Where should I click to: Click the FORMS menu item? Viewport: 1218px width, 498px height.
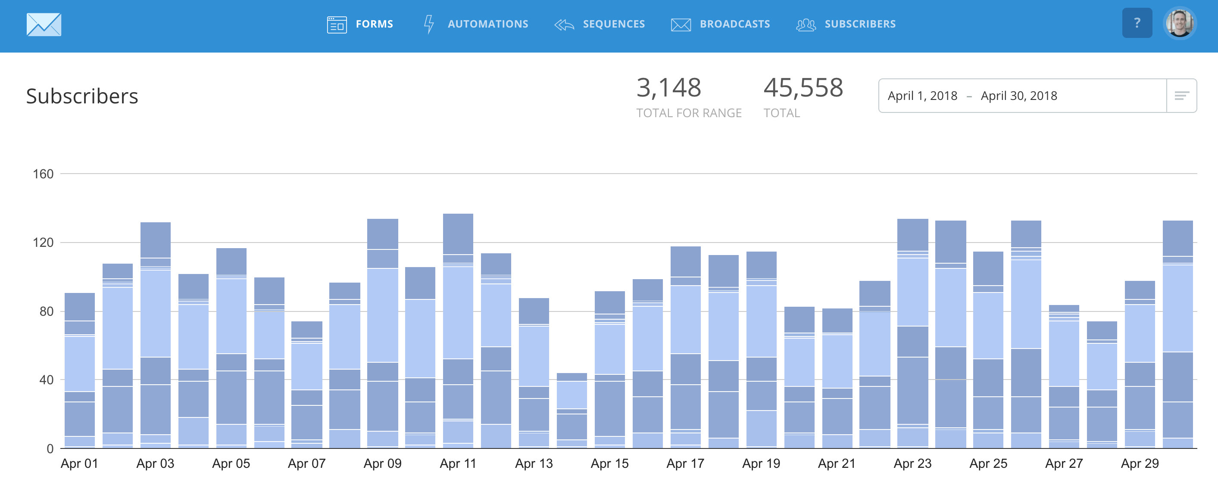pyautogui.click(x=360, y=24)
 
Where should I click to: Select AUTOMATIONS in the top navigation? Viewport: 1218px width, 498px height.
pyautogui.click(x=476, y=24)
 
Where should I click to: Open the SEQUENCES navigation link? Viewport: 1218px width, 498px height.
pyautogui.click(x=600, y=24)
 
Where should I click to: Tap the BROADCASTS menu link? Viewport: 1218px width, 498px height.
pyautogui.click(x=721, y=24)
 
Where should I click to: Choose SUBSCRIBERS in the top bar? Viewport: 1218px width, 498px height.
pyautogui.click(x=846, y=24)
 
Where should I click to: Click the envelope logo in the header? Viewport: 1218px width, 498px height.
pyautogui.click(x=44, y=25)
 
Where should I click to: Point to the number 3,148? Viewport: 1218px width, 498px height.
pyautogui.click(x=668, y=88)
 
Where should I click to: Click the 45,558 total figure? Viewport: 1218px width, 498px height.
pyautogui.click(x=803, y=88)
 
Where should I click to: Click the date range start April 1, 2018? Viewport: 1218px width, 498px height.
pyautogui.click(x=922, y=96)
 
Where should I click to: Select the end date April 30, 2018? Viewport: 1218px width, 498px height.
pyautogui.click(x=1018, y=96)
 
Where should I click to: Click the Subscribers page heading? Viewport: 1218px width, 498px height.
pyautogui.click(x=82, y=96)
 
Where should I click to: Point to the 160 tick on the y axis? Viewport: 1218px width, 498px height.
pyautogui.click(x=43, y=174)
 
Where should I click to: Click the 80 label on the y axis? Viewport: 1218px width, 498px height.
pyautogui.click(x=47, y=311)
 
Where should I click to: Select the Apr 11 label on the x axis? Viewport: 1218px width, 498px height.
pyautogui.click(x=458, y=464)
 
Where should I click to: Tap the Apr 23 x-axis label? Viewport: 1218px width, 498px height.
pyautogui.click(x=912, y=464)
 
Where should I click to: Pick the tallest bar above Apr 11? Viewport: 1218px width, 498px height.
pyautogui.click(x=458, y=331)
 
